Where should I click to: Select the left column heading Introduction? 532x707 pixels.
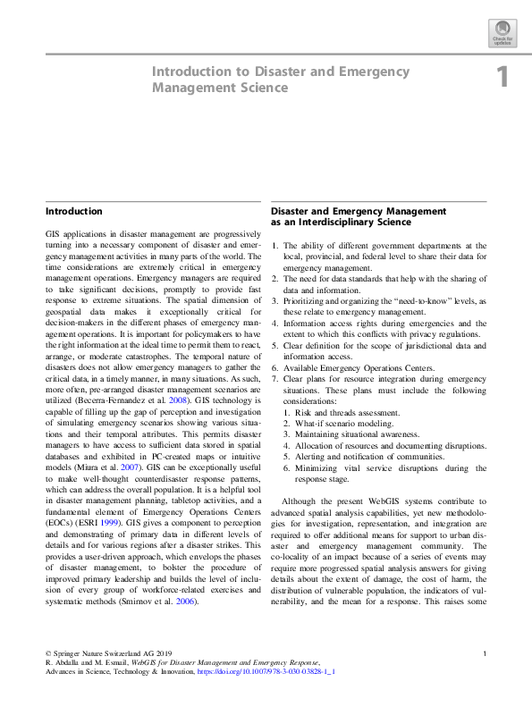[x=73, y=212]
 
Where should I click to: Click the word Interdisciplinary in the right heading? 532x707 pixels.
[x=331, y=222]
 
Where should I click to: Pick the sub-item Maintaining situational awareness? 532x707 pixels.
[x=353, y=433]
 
